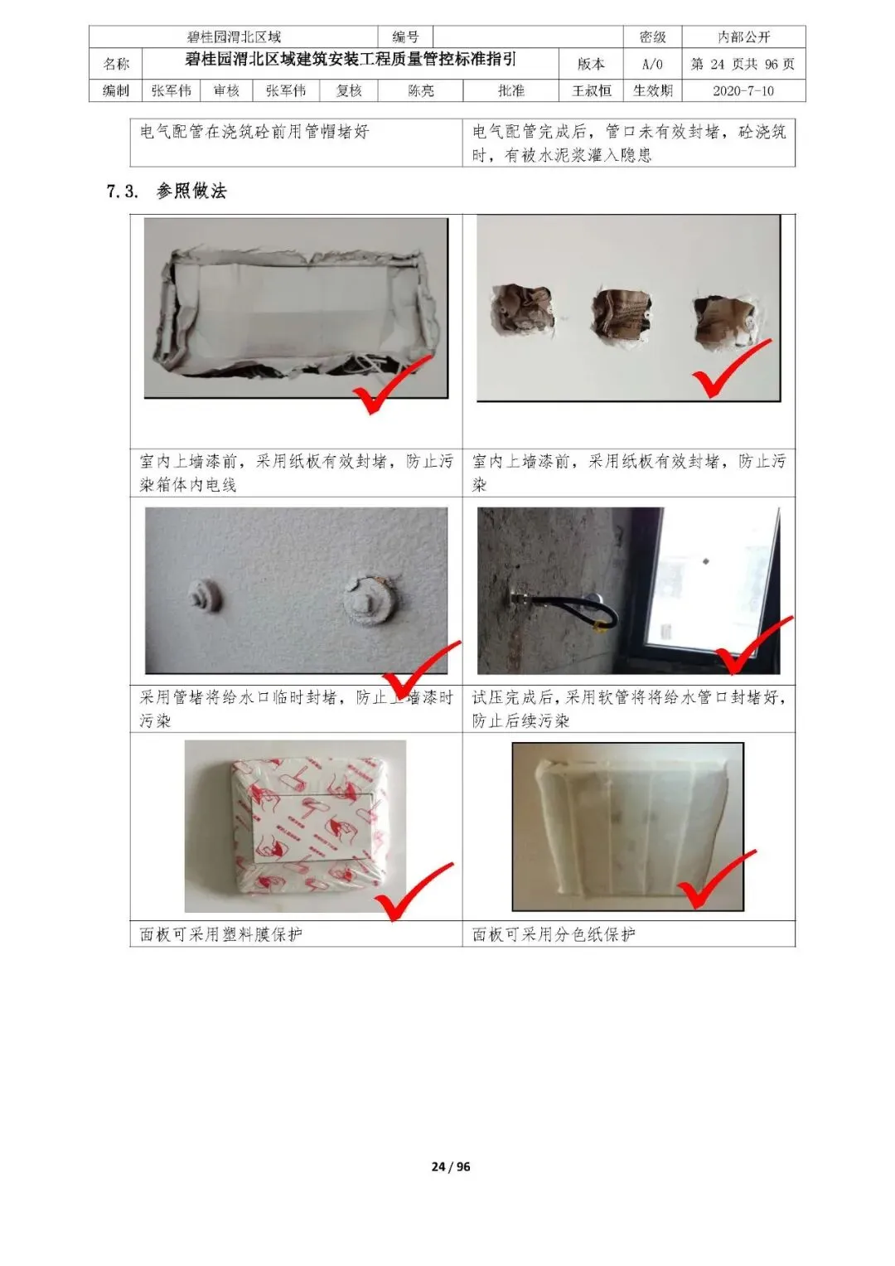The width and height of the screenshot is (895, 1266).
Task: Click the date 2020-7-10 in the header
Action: [x=743, y=91]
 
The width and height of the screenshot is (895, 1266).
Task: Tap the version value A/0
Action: [x=652, y=65]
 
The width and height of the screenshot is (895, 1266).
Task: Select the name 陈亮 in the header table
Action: [x=420, y=91]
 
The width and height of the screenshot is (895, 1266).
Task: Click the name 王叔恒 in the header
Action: [x=591, y=91]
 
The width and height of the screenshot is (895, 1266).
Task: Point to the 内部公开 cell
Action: [x=743, y=37]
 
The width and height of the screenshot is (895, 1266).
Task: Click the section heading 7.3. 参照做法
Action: [x=166, y=191]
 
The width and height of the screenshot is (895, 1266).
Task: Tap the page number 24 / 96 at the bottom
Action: [x=450, y=1152]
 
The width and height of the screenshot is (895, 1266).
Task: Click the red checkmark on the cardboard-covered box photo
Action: [x=391, y=384]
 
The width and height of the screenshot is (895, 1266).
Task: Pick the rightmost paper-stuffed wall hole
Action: [x=726, y=322]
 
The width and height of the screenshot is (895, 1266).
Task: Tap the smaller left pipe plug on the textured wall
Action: [x=203, y=594]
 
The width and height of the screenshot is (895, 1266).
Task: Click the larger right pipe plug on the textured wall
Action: [x=369, y=601]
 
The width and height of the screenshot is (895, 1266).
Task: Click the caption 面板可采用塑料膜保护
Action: [x=221, y=934]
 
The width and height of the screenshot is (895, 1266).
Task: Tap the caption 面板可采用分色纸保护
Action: [x=554, y=934]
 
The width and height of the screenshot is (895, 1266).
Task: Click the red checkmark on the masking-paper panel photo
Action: [x=714, y=880]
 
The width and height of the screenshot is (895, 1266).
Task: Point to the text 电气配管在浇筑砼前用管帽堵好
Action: [x=254, y=132]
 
